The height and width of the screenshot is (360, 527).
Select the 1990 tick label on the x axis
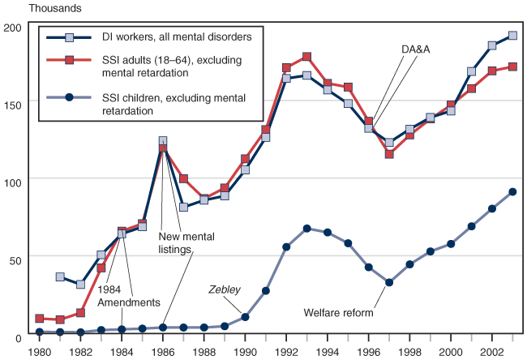point(246,352)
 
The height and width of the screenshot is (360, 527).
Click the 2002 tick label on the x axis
point(492,352)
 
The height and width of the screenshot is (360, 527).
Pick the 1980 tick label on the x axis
point(39,352)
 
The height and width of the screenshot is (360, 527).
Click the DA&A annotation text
point(415,49)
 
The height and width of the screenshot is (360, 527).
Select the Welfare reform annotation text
point(338,312)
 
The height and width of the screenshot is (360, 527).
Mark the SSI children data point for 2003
point(512,192)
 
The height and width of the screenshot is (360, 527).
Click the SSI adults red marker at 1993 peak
point(306,57)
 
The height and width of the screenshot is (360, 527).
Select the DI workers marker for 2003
point(512,36)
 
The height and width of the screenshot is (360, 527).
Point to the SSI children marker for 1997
point(389,282)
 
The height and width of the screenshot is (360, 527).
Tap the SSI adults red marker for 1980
point(40,319)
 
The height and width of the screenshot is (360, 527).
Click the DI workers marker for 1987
point(183,207)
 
